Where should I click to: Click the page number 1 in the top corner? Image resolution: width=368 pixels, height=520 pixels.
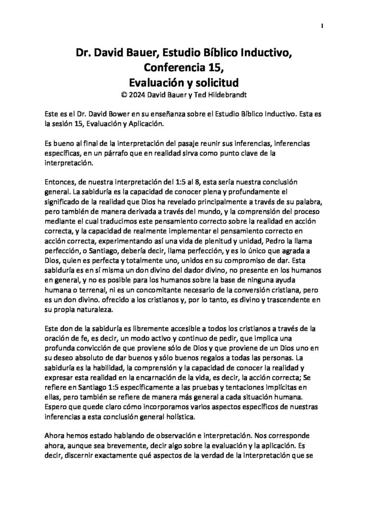click(323, 26)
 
